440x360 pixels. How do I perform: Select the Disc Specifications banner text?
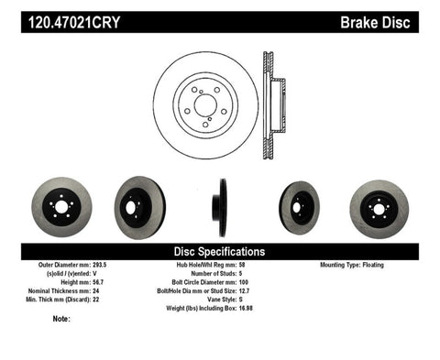pyautogui.click(x=220, y=251)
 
